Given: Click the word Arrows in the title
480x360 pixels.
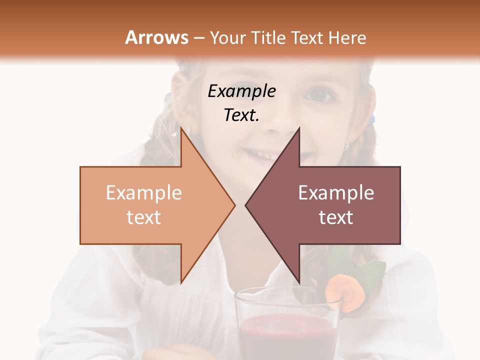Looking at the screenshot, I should tap(157, 37).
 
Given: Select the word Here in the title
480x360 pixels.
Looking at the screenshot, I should tap(347, 38).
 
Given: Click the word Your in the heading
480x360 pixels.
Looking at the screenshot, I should tap(228, 38).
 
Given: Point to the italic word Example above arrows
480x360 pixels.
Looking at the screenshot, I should tap(241, 91).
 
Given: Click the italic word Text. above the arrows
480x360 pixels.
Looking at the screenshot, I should tap(241, 115).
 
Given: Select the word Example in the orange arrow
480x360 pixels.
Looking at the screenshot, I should tap(144, 192).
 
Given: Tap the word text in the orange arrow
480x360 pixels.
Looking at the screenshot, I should tap(144, 217).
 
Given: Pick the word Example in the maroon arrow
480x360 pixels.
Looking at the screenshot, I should tap(336, 192).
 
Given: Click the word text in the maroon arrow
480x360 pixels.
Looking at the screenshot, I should tap(336, 217).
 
